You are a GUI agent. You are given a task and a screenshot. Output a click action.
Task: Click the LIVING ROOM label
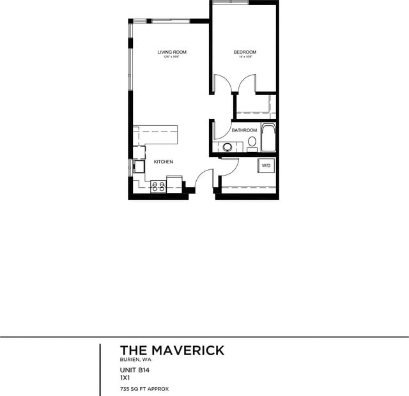[172, 52]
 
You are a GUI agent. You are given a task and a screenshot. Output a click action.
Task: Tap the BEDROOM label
[245, 52]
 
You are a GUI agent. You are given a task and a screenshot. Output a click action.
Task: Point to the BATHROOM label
[244, 130]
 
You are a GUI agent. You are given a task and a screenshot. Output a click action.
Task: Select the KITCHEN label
[163, 162]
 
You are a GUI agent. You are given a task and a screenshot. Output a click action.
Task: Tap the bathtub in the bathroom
[268, 137]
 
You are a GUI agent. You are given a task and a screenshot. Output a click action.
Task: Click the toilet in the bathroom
[252, 142]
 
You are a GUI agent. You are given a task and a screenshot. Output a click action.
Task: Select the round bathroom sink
[227, 147]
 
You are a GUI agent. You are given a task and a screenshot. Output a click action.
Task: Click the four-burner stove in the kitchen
[158, 187]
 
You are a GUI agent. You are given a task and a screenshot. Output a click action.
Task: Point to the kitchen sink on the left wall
[139, 167]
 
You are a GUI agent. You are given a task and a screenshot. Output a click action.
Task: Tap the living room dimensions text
[172, 57]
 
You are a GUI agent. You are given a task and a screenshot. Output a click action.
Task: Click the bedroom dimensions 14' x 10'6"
[245, 57]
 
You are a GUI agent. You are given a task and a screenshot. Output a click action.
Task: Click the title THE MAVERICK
[172, 350]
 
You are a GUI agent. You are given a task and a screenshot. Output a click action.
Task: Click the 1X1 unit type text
[125, 377]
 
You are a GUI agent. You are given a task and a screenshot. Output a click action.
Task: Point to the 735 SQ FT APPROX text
[144, 388]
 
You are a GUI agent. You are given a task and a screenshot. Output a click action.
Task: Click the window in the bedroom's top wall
[230, 3]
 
